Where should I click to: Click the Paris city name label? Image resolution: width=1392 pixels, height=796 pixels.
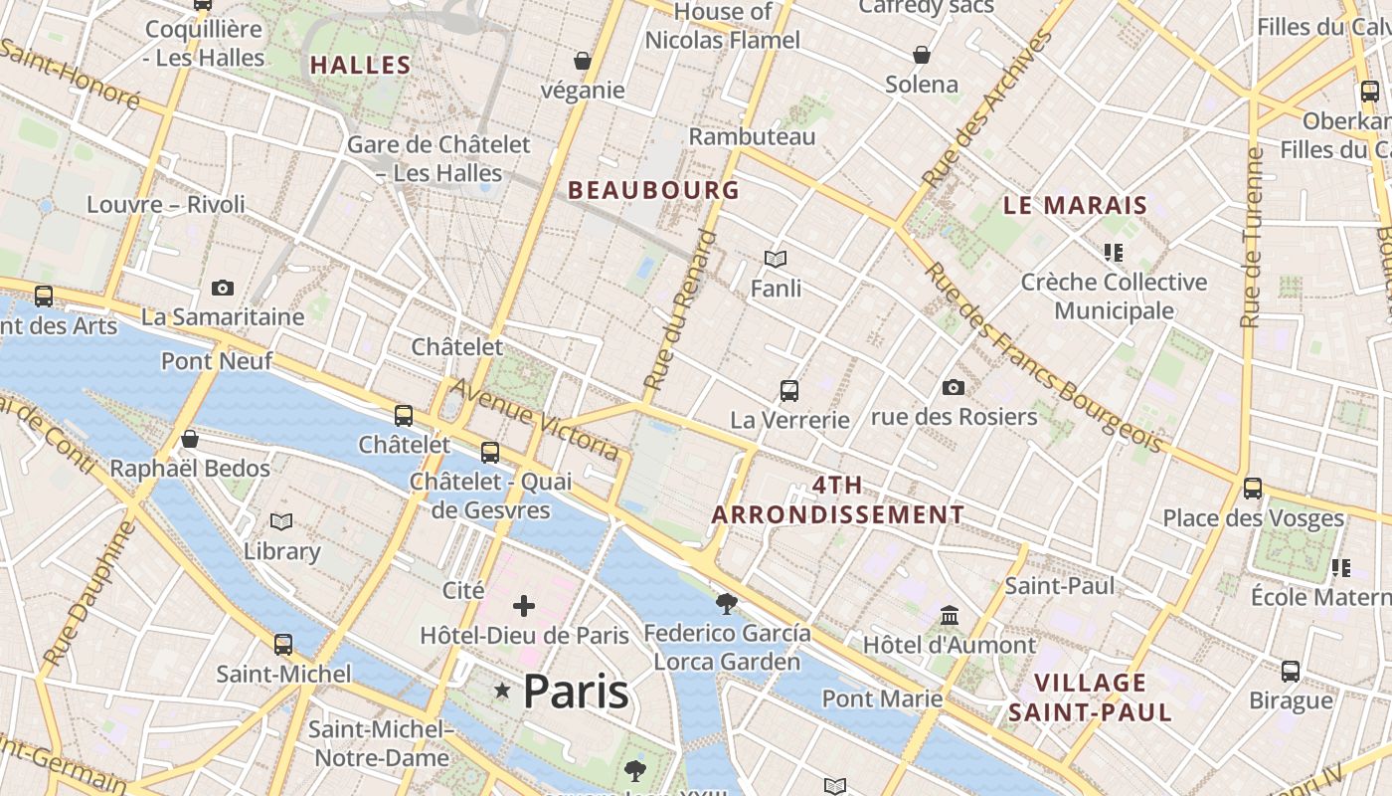[x=576, y=691]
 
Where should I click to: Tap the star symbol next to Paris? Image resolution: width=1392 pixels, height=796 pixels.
[x=503, y=691]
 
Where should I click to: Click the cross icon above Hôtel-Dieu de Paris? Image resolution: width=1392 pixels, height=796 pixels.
[x=524, y=605]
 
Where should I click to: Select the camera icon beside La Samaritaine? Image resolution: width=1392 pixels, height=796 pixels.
[x=223, y=288]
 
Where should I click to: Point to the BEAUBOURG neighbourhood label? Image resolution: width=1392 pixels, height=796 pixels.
[x=653, y=190]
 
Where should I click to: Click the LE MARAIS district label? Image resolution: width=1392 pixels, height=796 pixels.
[x=1075, y=206]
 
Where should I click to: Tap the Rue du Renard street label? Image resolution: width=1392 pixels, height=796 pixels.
[x=680, y=309]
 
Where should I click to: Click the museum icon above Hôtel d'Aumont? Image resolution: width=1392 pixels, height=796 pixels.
[x=949, y=615]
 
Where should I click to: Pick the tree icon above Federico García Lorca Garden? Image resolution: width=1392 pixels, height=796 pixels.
[x=727, y=603]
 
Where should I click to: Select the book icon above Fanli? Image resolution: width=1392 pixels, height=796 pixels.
[x=776, y=259]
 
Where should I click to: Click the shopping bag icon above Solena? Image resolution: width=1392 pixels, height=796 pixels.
[x=922, y=54]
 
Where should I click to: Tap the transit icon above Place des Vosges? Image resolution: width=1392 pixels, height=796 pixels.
[x=1253, y=489]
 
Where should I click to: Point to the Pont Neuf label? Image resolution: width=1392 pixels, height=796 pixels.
[x=217, y=360]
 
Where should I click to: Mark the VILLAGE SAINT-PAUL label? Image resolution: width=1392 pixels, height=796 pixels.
[x=1091, y=697]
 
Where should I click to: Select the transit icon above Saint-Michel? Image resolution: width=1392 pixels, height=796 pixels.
[x=283, y=644]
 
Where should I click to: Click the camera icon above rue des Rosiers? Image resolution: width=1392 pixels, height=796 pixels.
[x=954, y=387]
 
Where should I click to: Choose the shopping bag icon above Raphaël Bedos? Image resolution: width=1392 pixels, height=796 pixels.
[x=190, y=439]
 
